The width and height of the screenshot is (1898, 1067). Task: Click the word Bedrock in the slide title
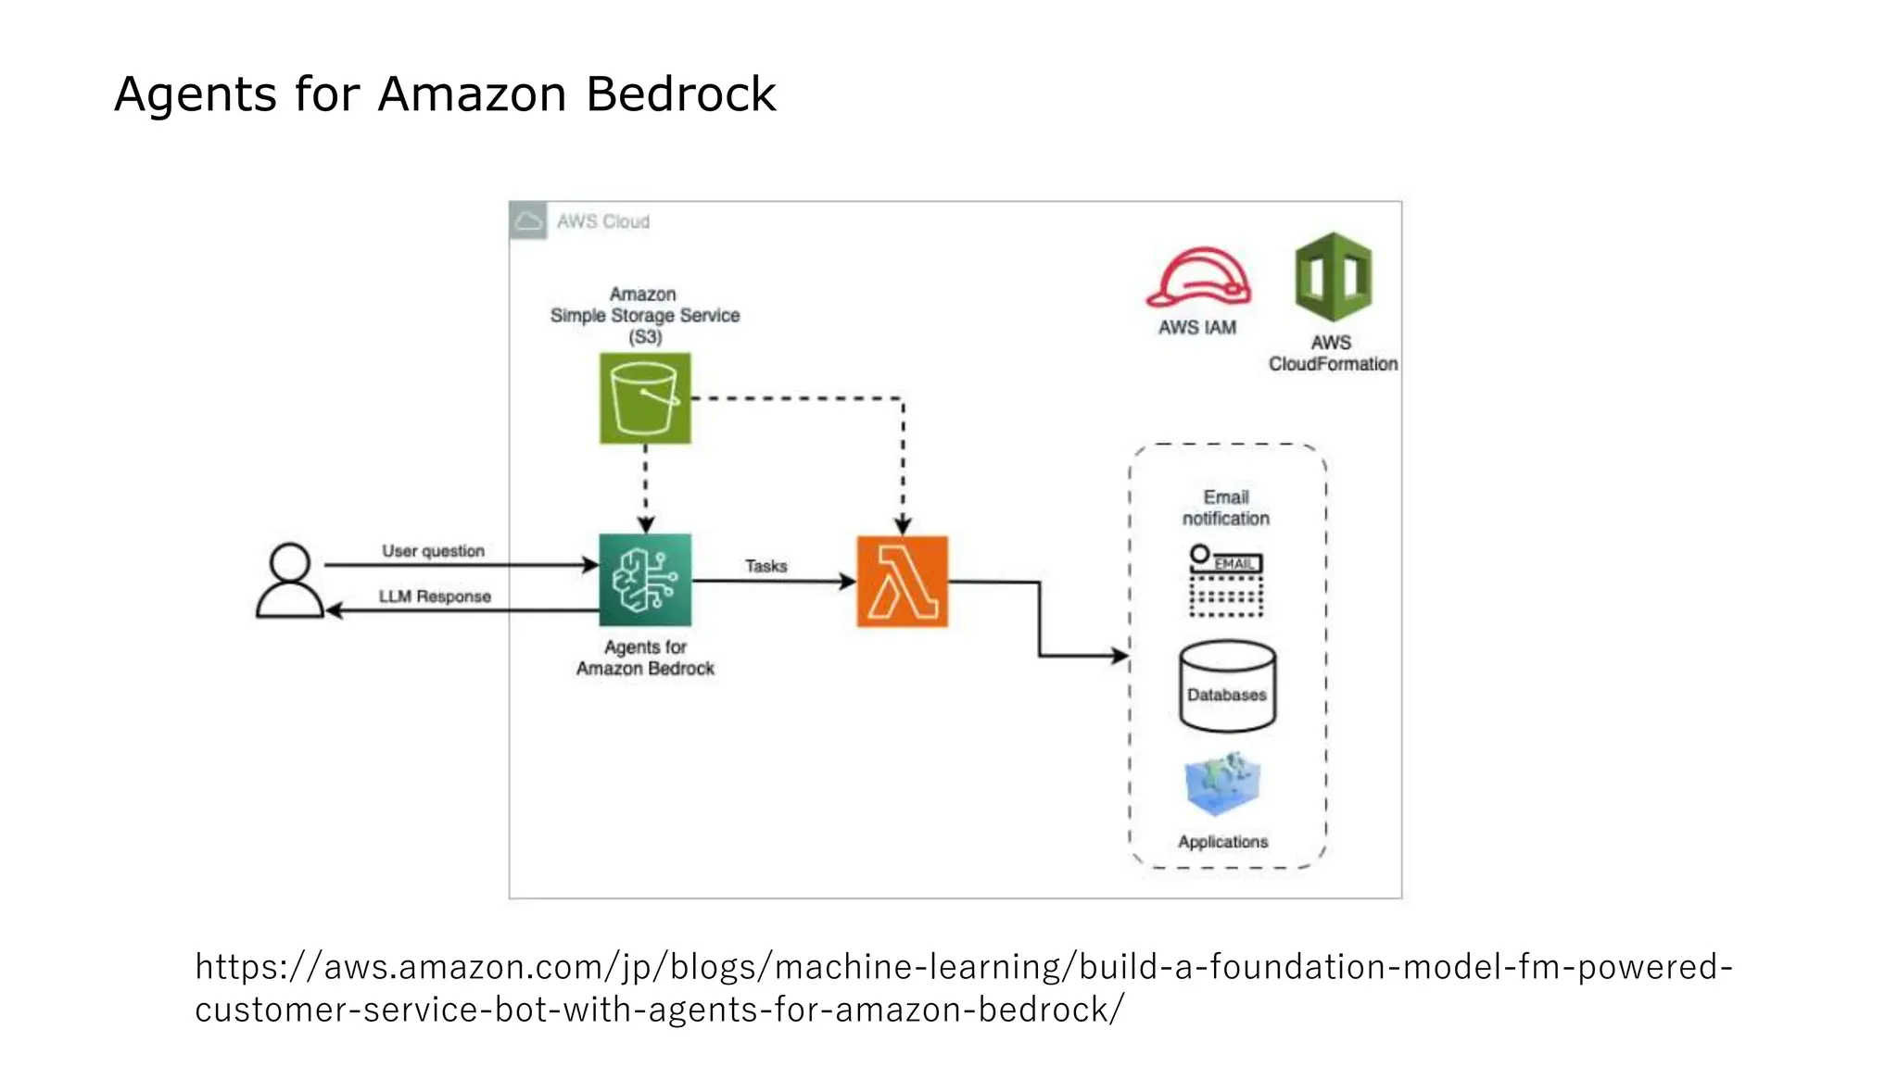[680, 94]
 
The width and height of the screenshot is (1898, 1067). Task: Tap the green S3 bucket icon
[645, 398]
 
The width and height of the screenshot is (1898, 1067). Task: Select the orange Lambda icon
[902, 582]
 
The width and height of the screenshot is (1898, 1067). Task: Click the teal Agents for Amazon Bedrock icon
[645, 580]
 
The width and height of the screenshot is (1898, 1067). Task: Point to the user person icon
[289, 581]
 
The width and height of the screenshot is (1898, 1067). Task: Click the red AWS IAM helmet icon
[1198, 277]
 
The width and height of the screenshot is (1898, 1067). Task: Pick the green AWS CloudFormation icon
[1333, 277]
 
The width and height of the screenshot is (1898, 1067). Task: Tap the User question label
[433, 551]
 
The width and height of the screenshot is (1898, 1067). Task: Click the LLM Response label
[435, 596]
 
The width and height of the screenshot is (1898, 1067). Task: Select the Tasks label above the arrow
[766, 566]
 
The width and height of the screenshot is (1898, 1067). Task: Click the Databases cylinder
[1227, 686]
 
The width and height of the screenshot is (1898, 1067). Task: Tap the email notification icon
[1226, 581]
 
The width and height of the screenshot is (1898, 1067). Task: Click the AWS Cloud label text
[603, 221]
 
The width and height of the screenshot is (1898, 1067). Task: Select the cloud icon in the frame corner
[528, 220]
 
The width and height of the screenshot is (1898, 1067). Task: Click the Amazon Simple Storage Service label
[645, 316]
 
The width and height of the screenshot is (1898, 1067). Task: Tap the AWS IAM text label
[1197, 328]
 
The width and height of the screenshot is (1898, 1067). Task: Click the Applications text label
[1223, 842]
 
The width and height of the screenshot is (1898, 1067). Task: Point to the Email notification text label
[1226, 508]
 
